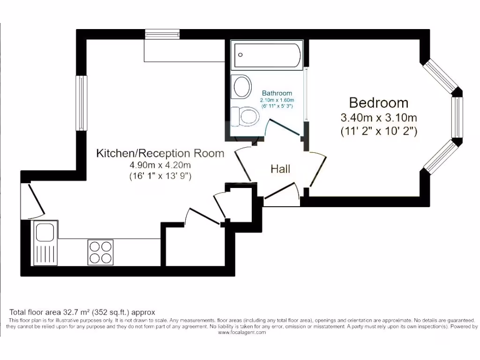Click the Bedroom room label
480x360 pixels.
[379, 102]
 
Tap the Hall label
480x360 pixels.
[280, 169]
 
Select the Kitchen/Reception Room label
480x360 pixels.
[160, 153]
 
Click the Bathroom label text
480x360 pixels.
[277, 93]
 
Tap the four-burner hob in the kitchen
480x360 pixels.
[100, 252]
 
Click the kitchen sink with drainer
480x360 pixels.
[45, 242]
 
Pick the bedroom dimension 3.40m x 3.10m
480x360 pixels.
[379, 117]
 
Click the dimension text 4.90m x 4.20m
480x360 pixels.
[160, 165]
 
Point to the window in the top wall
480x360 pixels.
[162, 34]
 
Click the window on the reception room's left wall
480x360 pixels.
[82, 103]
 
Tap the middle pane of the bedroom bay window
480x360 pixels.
[457, 117]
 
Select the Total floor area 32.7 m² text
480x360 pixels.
[82, 312]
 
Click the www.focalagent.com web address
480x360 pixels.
[242, 332]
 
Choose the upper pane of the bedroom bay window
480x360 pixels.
[441, 76]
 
